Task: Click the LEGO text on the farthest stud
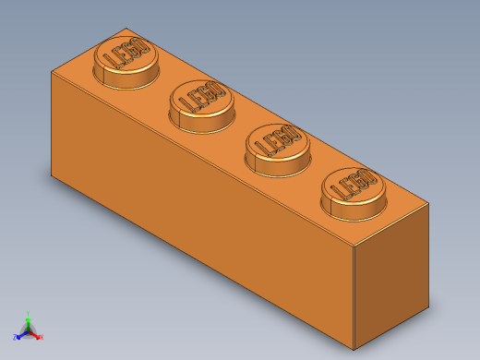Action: [x=127, y=54]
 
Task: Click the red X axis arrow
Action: [x=37, y=335]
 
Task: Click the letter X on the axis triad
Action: [x=42, y=337]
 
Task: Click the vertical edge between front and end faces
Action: [x=355, y=295]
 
